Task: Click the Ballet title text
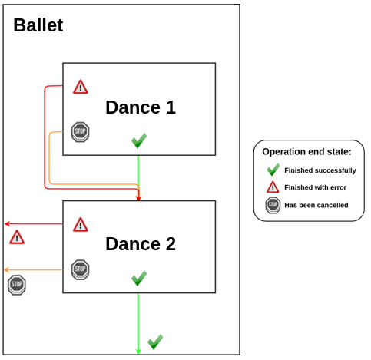pos(38,25)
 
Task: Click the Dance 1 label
pos(141,107)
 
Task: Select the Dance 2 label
pos(141,244)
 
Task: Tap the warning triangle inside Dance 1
pos(80,87)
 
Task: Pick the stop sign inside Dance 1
pos(80,131)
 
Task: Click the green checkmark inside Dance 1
pos(138,140)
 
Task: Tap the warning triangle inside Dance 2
pos(80,224)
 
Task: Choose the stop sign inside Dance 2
pos(80,269)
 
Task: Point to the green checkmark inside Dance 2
pos(138,278)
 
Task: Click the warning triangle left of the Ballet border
pos(17,237)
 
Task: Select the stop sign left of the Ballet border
pos(16,286)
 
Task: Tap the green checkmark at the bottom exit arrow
pos(155,341)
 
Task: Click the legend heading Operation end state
pos(306,152)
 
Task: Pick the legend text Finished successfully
pos(320,170)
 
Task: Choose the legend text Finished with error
pos(315,187)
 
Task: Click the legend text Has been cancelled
pos(316,205)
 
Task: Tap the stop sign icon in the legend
pos(273,205)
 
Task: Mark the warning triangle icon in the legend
pos(273,187)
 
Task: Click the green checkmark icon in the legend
pos(273,170)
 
